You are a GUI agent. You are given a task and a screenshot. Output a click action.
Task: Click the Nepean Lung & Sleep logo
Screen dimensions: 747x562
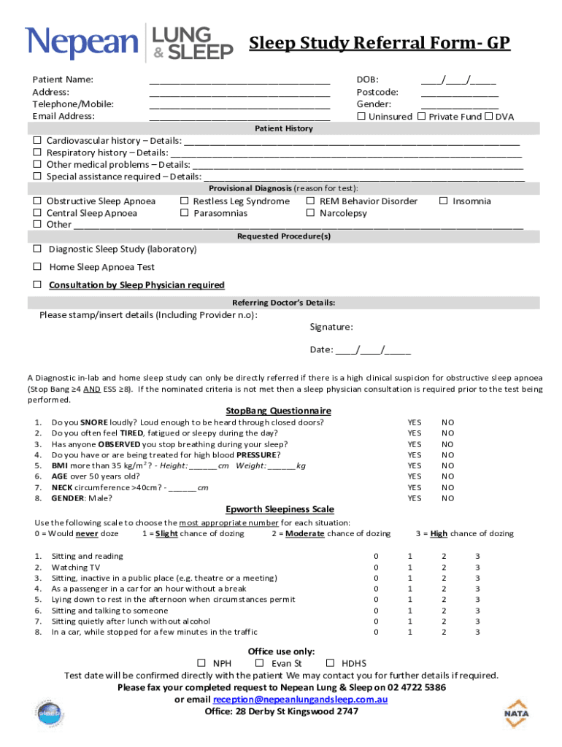tap(129, 42)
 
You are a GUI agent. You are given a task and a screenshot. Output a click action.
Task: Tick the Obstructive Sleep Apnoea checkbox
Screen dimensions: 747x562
tap(37, 201)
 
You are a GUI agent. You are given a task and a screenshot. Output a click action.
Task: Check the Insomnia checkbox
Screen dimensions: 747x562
tap(443, 201)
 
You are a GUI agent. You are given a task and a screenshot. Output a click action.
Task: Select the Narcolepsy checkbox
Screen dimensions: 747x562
tap(311, 213)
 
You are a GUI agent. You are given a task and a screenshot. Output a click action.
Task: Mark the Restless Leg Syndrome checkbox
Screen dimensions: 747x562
tap(185, 201)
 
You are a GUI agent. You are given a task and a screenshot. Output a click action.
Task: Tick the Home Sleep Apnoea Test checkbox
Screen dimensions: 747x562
tap(37, 267)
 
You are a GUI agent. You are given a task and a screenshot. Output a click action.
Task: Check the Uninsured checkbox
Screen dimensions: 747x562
tap(361, 117)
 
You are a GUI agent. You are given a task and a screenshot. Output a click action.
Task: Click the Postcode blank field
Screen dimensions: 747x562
tap(459, 93)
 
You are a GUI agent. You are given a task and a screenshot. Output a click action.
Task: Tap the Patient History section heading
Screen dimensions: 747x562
tap(283, 128)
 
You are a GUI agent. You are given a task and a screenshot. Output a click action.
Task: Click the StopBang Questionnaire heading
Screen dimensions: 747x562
tap(278, 411)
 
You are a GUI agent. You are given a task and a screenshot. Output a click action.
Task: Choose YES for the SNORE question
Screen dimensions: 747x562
tap(414, 422)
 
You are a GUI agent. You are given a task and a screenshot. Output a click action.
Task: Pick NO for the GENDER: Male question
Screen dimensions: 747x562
tap(447, 498)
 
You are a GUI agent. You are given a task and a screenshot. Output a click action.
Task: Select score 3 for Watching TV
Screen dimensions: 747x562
tap(477, 567)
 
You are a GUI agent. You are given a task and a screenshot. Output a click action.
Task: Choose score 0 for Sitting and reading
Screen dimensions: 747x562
tap(377, 557)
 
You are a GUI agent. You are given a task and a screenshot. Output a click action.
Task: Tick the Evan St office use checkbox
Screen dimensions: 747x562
tap(259, 663)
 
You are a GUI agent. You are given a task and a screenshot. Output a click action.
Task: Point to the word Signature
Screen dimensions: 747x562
tap(331, 328)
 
